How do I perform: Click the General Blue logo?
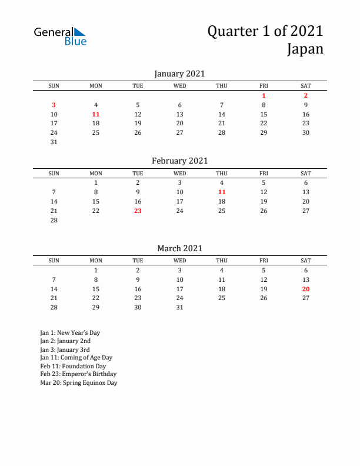pyautogui.click(x=60, y=36)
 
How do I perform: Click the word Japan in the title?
pyautogui.click(x=305, y=49)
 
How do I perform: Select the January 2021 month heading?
pyautogui.click(x=179, y=74)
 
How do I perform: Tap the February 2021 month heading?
pyautogui.click(x=179, y=161)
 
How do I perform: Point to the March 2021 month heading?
pyautogui.click(x=179, y=248)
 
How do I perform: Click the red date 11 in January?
pyautogui.click(x=96, y=114)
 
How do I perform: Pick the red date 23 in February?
pyautogui.click(x=138, y=211)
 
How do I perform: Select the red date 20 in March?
pyautogui.click(x=306, y=289)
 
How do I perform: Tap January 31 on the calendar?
pyautogui.click(x=54, y=142)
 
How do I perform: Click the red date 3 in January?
pyautogui.click(x=54, y=105)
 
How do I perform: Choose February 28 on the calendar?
pyautogui.click(x=54, y=220)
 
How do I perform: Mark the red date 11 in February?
pyautogui.click(x=222, y=192)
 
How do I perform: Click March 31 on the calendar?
pyautogui.click(x=180, y=307)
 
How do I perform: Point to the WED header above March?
pyautogui.click(x=180, y=261)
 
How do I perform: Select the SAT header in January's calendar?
pyautogui.click(x=306, y=86)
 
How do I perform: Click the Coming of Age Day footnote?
pyautogui.click(x=76, y=357)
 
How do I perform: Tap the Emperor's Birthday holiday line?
pyautogui.click(x=78, y=374)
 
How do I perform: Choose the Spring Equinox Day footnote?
pyautogui.click(x=78, y=382)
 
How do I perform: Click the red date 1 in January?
pyautogui.click(x=264, y=95)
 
